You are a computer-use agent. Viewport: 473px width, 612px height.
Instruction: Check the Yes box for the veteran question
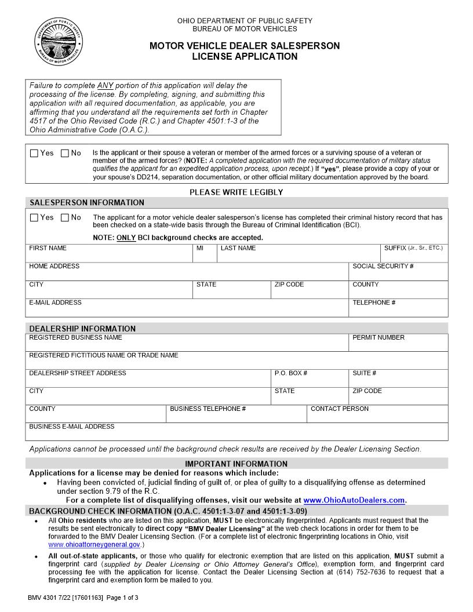[x=34, y=154]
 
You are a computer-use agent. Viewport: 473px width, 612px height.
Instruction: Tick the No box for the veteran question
[x=65, y=154]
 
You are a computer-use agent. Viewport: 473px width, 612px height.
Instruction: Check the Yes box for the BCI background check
[x=34, y=218]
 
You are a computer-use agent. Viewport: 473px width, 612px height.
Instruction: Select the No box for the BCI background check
[x=65, y=218]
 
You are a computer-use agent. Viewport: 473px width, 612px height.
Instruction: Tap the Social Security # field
[x=398, y=274]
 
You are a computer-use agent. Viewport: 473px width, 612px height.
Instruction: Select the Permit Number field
[x=398, y=345]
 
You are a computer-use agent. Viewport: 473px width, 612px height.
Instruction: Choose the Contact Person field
[x=377, y=417]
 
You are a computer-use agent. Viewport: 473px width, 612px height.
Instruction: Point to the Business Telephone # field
[x=236, y=417]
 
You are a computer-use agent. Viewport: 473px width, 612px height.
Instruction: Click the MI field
[x=205, y=256]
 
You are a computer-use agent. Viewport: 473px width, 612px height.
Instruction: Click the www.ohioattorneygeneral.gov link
[x=94, y=545]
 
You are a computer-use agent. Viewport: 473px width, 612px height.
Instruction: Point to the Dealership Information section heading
[x=82, y=329]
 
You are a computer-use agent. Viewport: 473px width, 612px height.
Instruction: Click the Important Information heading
[x=236, y=464]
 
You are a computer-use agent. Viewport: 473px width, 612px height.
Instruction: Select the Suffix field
[x=413, y=256]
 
